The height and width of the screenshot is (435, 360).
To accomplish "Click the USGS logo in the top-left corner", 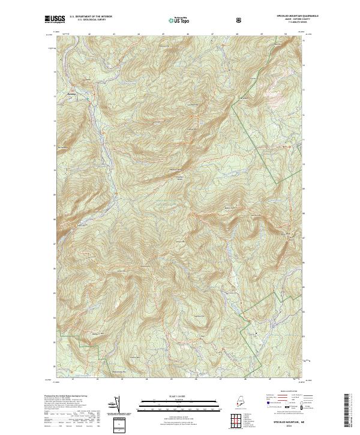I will pyautogui.click(x=55, y=20).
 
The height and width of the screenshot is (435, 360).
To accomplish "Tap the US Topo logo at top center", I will pyautogui.click(x=179, y=20).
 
